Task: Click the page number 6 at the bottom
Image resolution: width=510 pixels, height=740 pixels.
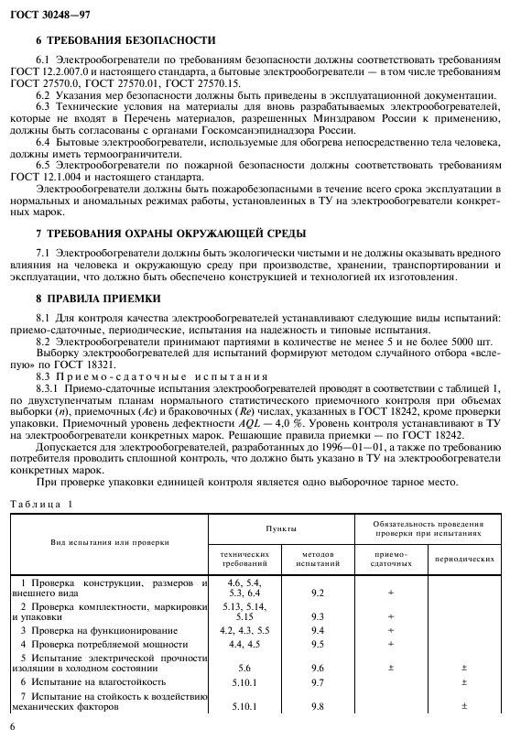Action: point(12,726)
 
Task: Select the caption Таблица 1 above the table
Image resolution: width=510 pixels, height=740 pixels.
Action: point(40,504)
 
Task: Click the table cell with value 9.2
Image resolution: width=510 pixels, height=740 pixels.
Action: point(318,593)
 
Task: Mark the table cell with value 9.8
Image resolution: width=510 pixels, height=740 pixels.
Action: point(318,706)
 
